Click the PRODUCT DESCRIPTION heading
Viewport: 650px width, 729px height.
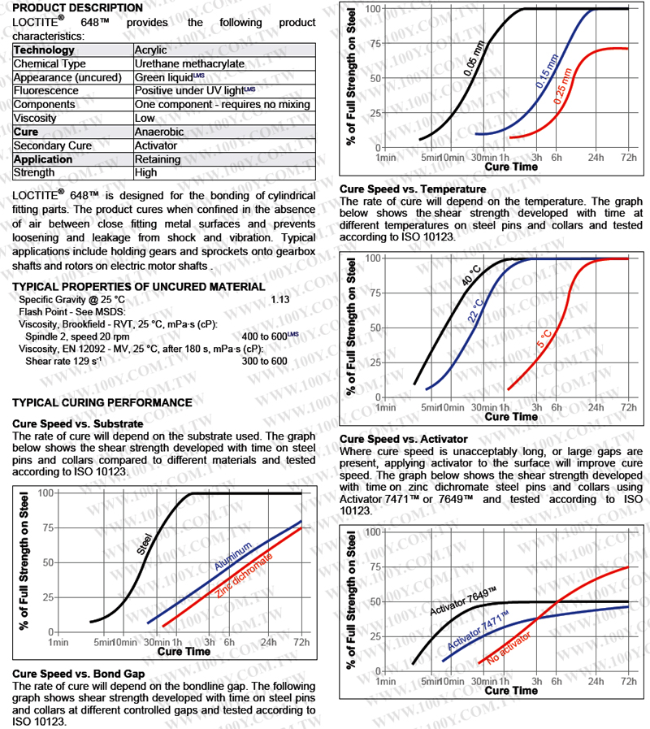point(78,7)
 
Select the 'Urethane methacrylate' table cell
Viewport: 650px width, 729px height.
point(189,63)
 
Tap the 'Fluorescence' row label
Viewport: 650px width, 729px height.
point(46,91)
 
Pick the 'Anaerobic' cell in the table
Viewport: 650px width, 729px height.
point(159,132)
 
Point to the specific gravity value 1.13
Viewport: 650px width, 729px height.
point(280,299)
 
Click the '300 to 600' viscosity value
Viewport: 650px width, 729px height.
point(264,362)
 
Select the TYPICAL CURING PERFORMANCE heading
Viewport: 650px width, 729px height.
point(102,402)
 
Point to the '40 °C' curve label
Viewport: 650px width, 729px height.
point(470,274)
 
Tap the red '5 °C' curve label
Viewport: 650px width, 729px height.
point(545,339)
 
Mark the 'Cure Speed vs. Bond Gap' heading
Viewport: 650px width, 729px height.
point(79,675)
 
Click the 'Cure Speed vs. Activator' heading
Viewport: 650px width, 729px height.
point(403,439)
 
